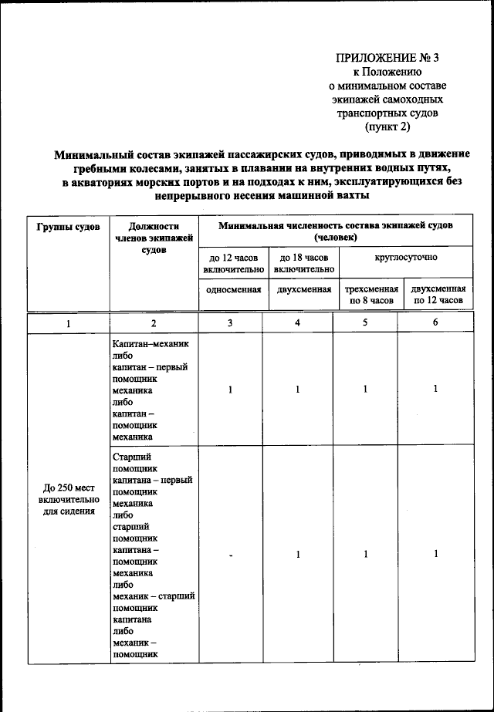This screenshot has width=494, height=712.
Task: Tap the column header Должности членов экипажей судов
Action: [154, 238]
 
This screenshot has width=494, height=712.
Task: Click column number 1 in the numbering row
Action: [68, 323]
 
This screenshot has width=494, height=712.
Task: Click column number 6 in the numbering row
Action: [435, 322]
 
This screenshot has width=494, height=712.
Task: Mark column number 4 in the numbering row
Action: [297, 322]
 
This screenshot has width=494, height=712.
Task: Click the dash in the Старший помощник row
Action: [230, 555]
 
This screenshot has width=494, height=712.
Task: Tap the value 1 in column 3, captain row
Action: [230, 390]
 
